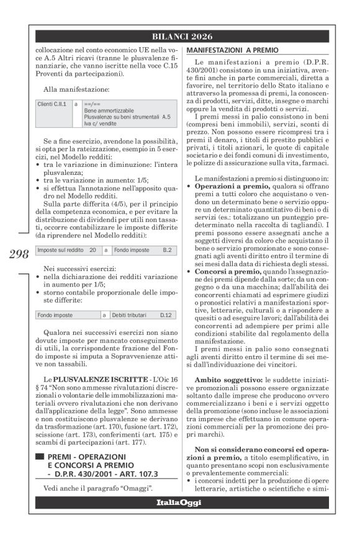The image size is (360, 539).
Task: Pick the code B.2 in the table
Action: point(167,249)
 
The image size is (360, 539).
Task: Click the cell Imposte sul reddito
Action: point(58,249)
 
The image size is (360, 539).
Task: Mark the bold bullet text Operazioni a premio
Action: point(225,185)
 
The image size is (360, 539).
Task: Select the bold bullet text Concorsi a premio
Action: point(223,270)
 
